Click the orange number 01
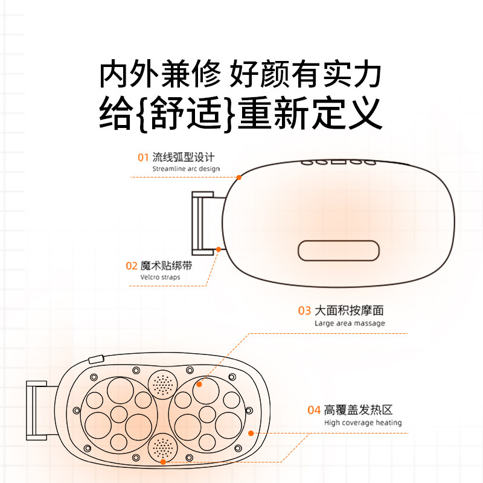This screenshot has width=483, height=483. [142, 158]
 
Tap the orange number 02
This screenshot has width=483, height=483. [132, 266]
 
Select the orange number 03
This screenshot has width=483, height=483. [304, 311]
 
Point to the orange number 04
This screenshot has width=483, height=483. [313, 411]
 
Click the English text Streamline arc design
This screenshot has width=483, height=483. [185, 169]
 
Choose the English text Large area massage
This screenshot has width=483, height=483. [349, 323]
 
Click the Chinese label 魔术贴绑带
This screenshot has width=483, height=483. [165, 266]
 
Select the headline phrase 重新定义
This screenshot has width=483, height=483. [310, 113]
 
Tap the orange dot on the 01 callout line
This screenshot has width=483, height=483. [239, 178]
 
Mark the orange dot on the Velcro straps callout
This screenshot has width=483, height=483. [218, 249]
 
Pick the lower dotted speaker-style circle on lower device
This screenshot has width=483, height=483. [161, 447]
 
